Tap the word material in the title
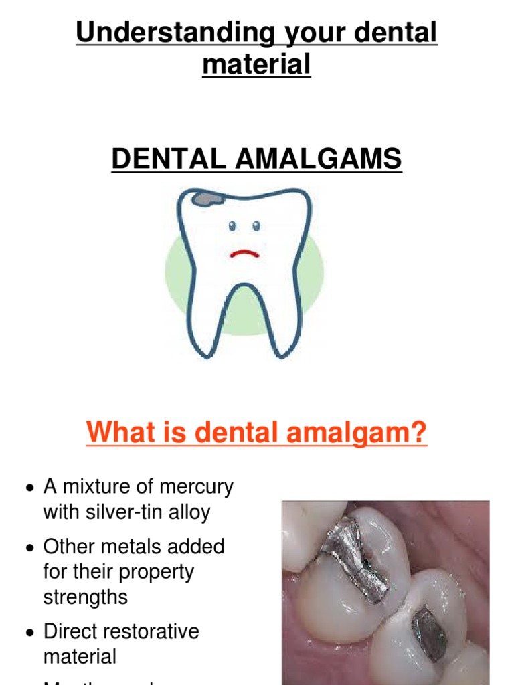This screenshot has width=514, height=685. [257, 64]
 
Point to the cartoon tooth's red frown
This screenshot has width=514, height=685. [244, 254]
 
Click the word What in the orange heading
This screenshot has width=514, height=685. [114, 433]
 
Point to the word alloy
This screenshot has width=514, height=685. [190, 512]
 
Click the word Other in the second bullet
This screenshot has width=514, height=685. [69, 547]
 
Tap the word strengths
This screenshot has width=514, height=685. [86, 597]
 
